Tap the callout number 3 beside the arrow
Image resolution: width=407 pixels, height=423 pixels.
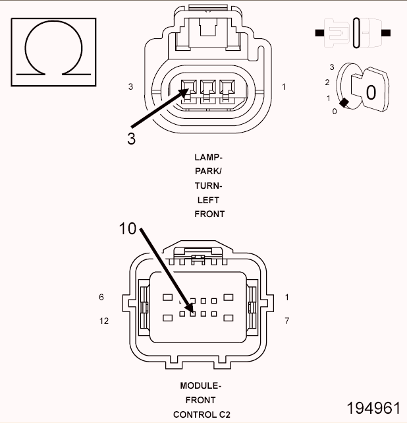pos(132,139)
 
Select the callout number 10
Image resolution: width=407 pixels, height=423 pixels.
pos(128,229)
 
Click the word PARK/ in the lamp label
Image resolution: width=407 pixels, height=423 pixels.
pos(209,172)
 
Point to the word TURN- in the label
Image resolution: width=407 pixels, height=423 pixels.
pos(209,185)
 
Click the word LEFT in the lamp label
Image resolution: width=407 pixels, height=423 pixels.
pos(209,200)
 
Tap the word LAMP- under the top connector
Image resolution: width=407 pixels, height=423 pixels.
pos(209,157)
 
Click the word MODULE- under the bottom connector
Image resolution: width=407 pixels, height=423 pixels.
pos(200,385)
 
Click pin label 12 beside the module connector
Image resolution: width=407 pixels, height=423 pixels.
pos(103,321)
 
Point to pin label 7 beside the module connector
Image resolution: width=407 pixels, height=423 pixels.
pos(287,321)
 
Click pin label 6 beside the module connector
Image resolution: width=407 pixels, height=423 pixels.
pos(101,297)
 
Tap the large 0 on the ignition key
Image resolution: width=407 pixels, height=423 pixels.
pos(371,92)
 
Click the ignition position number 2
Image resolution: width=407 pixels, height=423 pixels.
pos(327,82)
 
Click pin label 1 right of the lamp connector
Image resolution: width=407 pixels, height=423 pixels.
pos(284,86)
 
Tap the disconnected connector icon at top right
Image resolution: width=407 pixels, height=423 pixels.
pos(353,31)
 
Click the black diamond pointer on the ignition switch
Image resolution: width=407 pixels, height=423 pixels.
pos(344,102)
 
